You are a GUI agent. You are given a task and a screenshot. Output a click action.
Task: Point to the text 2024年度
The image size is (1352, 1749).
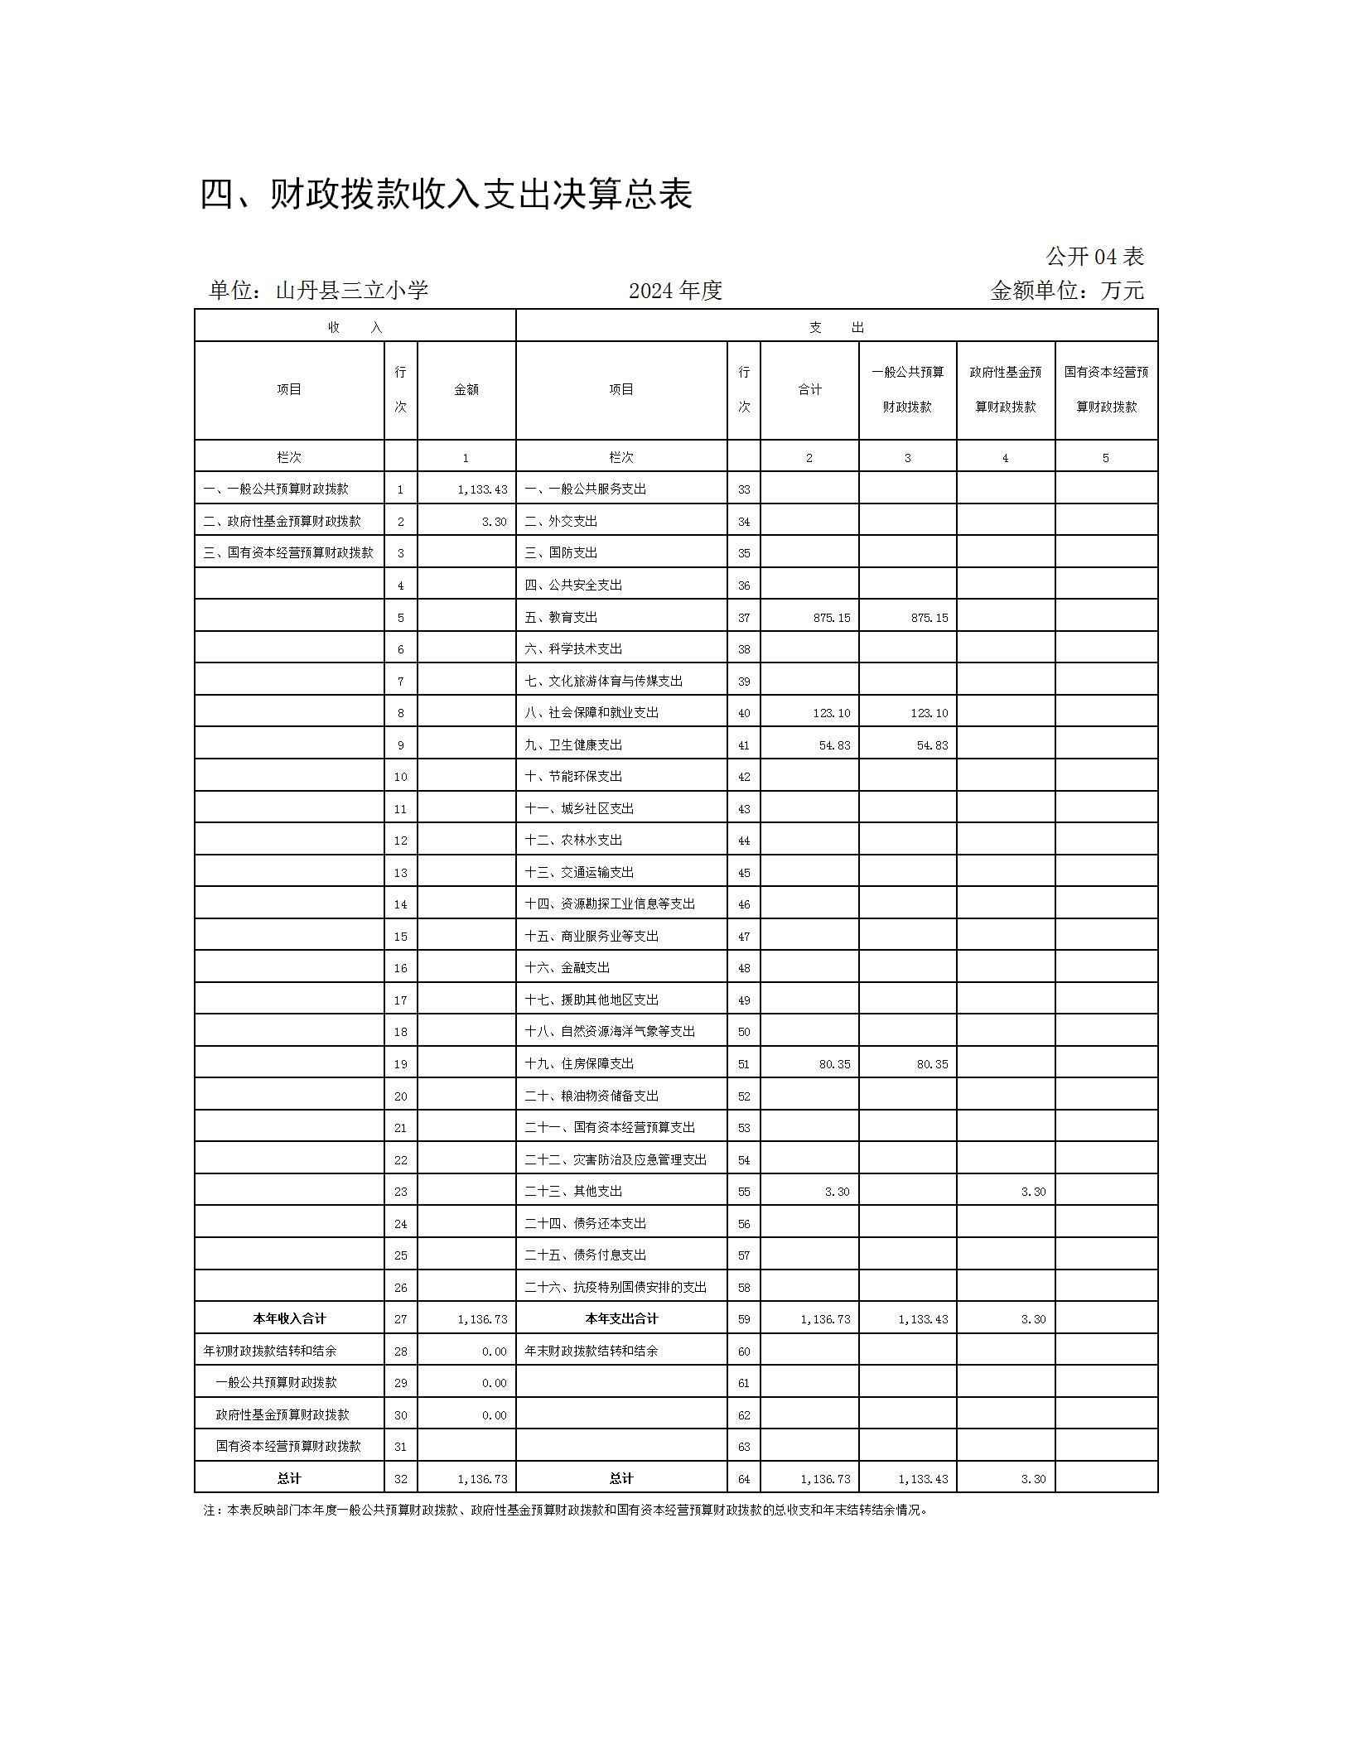tap(675, 291)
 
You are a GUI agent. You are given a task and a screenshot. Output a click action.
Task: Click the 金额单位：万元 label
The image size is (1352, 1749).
tap(1066, 291)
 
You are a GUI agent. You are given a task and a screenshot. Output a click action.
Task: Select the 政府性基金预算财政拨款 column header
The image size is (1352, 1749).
tap(1005, 390)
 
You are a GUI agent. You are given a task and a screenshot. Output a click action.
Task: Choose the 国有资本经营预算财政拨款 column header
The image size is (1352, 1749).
tap(1106, 390)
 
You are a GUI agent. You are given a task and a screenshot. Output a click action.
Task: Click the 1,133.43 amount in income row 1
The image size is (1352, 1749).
tap(482, 489)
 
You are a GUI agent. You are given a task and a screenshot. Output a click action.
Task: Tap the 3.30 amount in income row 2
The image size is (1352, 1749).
tap(494, 522)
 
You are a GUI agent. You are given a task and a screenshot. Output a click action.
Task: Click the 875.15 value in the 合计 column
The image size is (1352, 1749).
tap(832, 618)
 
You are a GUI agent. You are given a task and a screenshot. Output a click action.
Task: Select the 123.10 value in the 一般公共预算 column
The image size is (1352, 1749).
tap(929, 713)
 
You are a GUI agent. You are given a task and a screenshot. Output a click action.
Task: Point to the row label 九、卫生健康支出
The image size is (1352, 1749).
tap(573, 745)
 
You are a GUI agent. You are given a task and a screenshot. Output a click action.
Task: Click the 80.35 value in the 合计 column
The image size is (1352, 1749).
tap(834, 1064)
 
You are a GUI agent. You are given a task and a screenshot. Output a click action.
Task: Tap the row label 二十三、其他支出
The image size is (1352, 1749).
tap(573, 1192)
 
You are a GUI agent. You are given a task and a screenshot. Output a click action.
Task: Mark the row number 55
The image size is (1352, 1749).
tap(744, 1192)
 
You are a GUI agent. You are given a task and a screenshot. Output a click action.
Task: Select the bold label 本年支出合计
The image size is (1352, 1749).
tap(621, 1319)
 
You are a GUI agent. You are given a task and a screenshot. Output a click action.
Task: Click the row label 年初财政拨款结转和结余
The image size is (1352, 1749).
tap(270, 1351)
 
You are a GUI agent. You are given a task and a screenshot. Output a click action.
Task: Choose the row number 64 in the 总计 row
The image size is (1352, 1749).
tap(744, 1479)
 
